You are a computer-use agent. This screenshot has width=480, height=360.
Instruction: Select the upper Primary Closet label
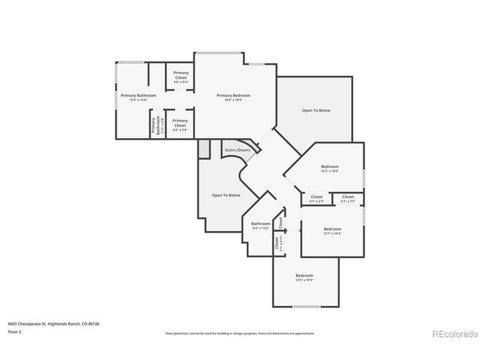(x=180, y=76)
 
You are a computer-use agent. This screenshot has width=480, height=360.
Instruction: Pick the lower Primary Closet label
(x=180, y=124)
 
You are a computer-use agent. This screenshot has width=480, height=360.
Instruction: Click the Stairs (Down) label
(x=237, y=150)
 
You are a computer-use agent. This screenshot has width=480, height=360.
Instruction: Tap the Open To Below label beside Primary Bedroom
(x=316, y=110)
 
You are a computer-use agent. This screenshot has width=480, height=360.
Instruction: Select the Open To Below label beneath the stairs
(x=226, y=195)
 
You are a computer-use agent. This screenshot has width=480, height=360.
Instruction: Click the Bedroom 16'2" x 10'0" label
(x=330, y=168)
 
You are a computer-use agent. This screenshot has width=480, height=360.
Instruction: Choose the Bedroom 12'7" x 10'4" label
(x=332, y=230)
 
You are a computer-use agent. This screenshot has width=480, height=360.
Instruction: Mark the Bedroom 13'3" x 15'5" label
(x=304, y=277)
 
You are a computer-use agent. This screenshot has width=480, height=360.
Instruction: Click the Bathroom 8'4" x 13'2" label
(x=260, y=225)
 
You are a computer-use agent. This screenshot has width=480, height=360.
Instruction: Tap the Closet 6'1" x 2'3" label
(x=316, y=199)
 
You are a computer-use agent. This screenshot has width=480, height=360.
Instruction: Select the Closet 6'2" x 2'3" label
(x=348, y=199)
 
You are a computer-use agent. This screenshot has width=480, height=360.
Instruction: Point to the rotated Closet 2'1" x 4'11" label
(x=277, y=243)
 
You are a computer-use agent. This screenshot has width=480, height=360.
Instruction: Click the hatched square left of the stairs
(x=204, y=148)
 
